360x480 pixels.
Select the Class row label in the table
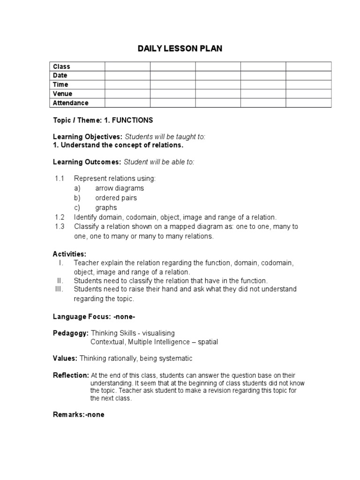[x=61, y=67]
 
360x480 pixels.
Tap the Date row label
[x=60, y=75]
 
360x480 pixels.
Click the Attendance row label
[x=71, y=103]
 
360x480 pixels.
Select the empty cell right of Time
[x=127, y=84]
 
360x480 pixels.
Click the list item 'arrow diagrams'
[x=120, y=188]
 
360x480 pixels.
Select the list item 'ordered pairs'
[x=116, y=198]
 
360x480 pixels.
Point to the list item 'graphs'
[x=106, y=208]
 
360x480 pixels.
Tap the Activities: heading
[x=69, y=254]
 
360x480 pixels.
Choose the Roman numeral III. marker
[x=59, y=289]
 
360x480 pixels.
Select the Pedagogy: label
[x=70, y=333]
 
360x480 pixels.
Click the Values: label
[x=65, y=358]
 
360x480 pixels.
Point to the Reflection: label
[x=70, y=375]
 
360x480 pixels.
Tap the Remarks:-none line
[x=78, y=414]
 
